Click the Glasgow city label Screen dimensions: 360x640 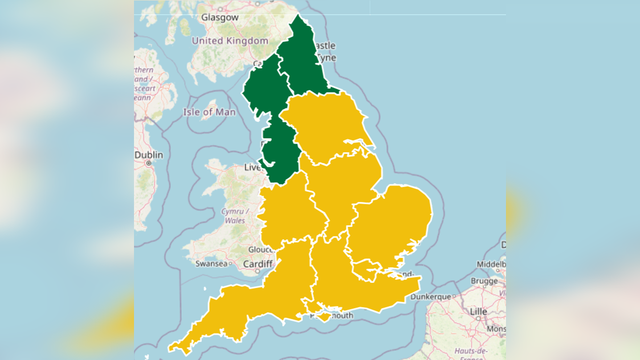[x=219, y=17]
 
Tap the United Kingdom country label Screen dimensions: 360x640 [x=230, y=41]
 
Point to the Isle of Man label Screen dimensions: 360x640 [x=209, y=112]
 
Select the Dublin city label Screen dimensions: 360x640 [x=149, y=155]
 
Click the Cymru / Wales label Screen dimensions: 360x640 [x=234, y=215]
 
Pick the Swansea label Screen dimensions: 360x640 [x=211, y=263]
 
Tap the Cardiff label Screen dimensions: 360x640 [x=257, y=263]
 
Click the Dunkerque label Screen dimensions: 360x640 [x=431, y=296]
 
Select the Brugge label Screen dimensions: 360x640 [x=484, y=281]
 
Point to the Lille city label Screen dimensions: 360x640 [x=478, y=311]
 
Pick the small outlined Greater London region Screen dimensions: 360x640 [x=370, y=270]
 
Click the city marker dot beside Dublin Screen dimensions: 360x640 [x=148, y=163]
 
